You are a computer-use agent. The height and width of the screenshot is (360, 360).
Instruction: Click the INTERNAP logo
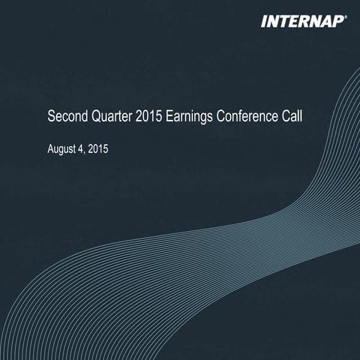302,21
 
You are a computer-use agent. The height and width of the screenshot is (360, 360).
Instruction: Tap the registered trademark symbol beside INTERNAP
346,16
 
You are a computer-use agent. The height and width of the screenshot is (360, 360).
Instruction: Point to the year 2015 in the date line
99,149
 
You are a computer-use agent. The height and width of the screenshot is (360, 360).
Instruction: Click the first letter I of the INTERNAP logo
263,21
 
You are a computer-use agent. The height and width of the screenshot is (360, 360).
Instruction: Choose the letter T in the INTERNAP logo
281,21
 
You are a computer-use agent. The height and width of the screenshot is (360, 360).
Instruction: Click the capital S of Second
51,118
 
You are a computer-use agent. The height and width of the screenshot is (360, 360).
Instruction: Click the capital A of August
49,149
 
